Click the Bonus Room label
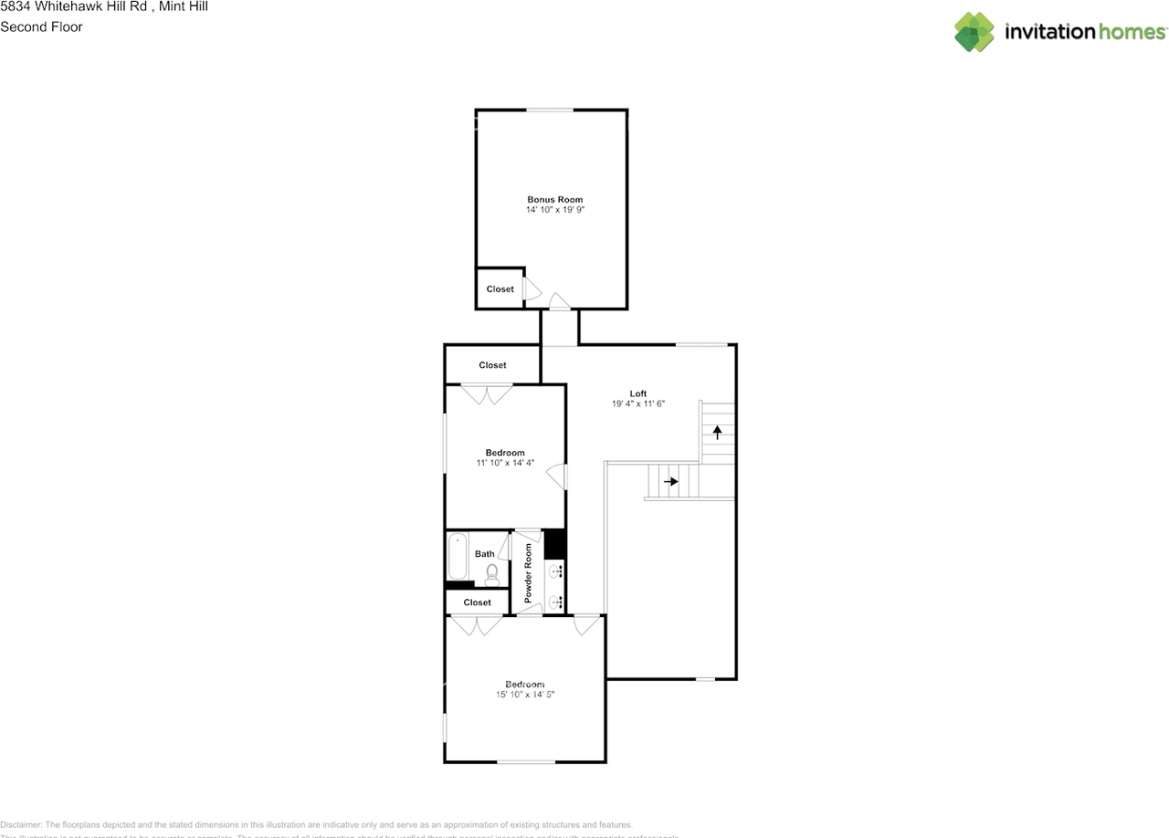click(554, 199)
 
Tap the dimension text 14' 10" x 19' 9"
click(554, 210)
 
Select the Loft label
click(637, 393)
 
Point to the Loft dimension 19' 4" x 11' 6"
click(637, 404)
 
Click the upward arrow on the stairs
click(718, 432)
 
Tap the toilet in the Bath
click(491, 572)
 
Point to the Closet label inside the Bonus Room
click(500, 289)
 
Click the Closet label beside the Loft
click(492, 365)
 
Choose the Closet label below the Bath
click(477, 602)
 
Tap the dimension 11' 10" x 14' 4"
click(505, 464)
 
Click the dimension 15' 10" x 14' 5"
click(525, 695)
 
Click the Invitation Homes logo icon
click(974, 32)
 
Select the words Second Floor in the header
click(41, 26)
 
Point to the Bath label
click(484, 554)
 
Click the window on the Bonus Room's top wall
click(550, 110)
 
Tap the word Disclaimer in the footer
click(21, 824)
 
